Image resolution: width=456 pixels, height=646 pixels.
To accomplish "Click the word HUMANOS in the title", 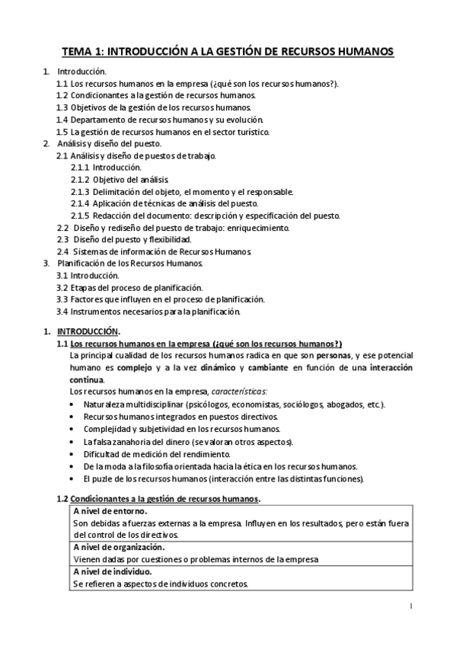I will pos(360,51).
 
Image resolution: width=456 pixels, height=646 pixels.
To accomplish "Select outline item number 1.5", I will pos(62,132).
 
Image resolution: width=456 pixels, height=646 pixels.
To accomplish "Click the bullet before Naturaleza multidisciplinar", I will pos(72,405).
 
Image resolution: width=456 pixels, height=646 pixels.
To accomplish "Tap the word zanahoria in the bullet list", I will pos(132,442).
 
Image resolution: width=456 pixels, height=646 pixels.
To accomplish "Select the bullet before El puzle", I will pos(72,478).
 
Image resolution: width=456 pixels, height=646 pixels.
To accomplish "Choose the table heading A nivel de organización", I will pos(120,547).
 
